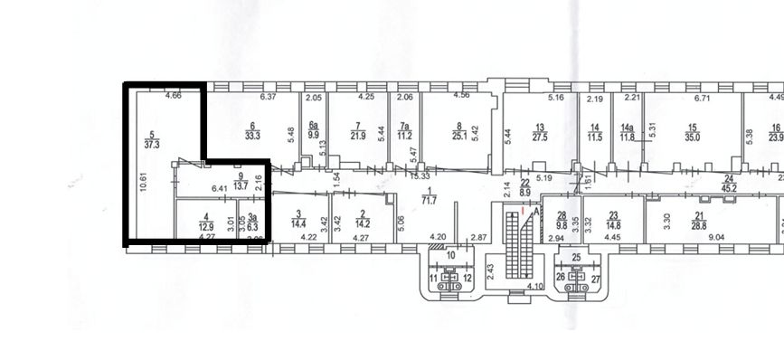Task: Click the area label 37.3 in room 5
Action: click(152, 142)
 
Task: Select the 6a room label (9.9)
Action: click(314, 136)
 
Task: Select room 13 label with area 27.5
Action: click(541, 136)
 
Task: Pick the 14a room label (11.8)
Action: click(628, 136)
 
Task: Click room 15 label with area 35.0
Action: click(693, 136)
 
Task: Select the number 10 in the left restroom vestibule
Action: click(451, 256)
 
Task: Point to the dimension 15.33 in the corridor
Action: click(420, 175)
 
